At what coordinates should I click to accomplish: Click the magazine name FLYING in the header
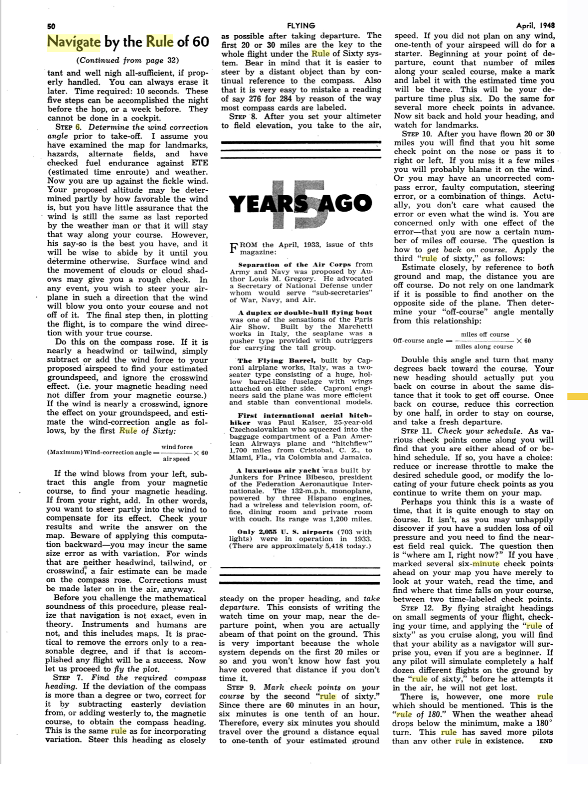tap(300, 26)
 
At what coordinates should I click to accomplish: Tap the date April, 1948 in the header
tap(535, 26)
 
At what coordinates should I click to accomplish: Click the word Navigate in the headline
tap(74, 42)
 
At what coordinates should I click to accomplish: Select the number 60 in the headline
tap(200, 42)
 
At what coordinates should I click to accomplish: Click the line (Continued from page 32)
tap(128, 60)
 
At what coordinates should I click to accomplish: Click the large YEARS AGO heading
tap(300, 204)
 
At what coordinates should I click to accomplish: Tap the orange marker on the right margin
tap(577, 396)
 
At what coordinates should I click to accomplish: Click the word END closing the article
tap(546, 741)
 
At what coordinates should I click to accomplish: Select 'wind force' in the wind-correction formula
tap(177, 447)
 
